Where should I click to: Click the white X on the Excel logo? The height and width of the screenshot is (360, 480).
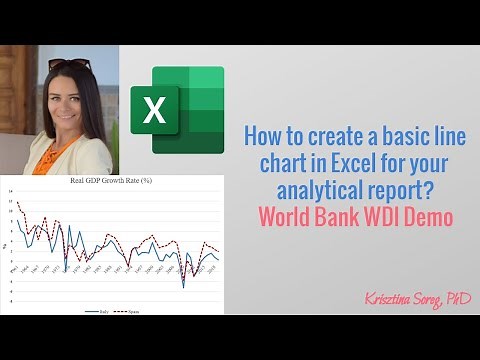(x=156, y=109)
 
